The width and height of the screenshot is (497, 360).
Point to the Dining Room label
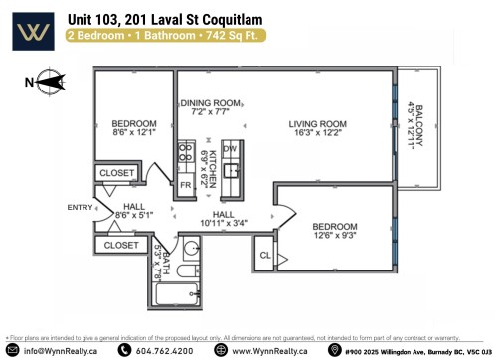[x=210, y=102]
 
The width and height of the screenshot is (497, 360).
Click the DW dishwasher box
[x=231, y=148]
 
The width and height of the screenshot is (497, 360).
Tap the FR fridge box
[x=186, y=185]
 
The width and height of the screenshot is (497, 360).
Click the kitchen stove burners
[x=186, y=153]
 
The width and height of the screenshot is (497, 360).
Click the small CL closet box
[x=264, y=255]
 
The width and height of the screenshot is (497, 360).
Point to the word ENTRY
[x=79, y=207]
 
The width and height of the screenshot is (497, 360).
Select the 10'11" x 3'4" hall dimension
[x=223, y=223]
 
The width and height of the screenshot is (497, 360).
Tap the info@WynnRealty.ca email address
[x=61, y=350]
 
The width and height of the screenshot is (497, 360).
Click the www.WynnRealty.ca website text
[x=268, y=350]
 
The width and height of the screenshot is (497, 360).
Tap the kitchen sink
[x=232, y=171]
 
